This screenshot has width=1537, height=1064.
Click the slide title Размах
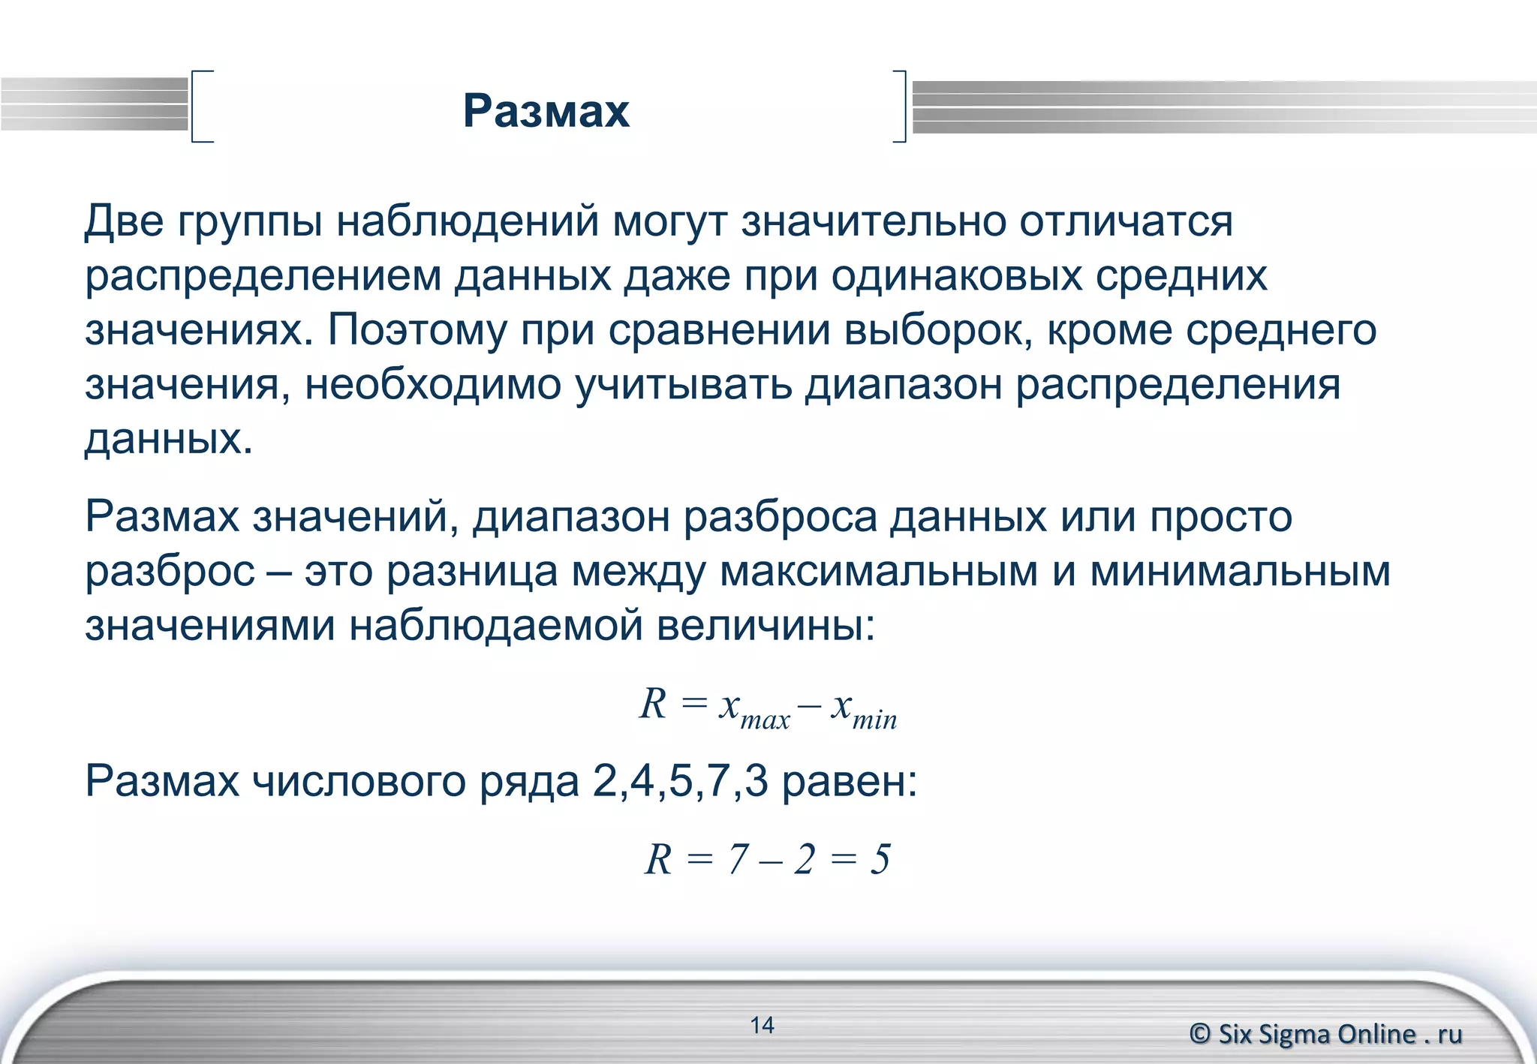point(546,111)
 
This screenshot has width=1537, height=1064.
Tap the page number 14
point(762,1025)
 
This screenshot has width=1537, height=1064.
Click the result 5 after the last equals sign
point(880,859)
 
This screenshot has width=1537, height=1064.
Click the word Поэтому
point(417,330)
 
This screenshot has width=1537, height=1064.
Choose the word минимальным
point(1240,571)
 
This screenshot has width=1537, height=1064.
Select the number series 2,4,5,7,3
point(680,781)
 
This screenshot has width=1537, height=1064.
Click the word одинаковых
point(956,276)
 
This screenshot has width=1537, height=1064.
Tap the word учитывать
point(684,385)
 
